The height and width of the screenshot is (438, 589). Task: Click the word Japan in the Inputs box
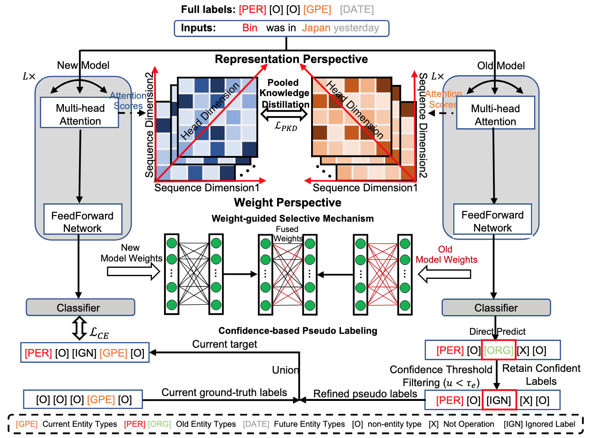(316, 28)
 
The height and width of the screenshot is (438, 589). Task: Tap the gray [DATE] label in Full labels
(357, 9)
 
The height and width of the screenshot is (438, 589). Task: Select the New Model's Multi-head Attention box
(80, 112)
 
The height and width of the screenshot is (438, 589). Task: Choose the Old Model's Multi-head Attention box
(496, 113)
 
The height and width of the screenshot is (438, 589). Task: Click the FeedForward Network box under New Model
(83, 219)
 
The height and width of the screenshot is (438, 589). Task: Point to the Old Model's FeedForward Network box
(492, 219)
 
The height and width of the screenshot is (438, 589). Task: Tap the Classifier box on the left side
(80, 307)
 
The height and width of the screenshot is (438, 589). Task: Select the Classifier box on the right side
(496, 307)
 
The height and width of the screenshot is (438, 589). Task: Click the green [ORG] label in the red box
(498, 350)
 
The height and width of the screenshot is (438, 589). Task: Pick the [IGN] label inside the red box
(499, 400)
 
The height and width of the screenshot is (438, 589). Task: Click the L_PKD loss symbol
(286, 126)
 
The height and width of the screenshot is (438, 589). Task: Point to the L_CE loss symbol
(99, 333)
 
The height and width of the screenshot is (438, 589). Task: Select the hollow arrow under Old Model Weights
(445, 274)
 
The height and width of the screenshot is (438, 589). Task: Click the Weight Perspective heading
(288, 202)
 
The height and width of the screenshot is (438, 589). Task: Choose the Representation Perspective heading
(291, 59)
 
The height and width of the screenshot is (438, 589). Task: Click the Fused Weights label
(288, 234)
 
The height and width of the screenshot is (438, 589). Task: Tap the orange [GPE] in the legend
(26, 424)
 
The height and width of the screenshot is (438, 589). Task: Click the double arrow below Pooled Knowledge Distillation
(284, 114)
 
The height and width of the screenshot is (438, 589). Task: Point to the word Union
(285, 370)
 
